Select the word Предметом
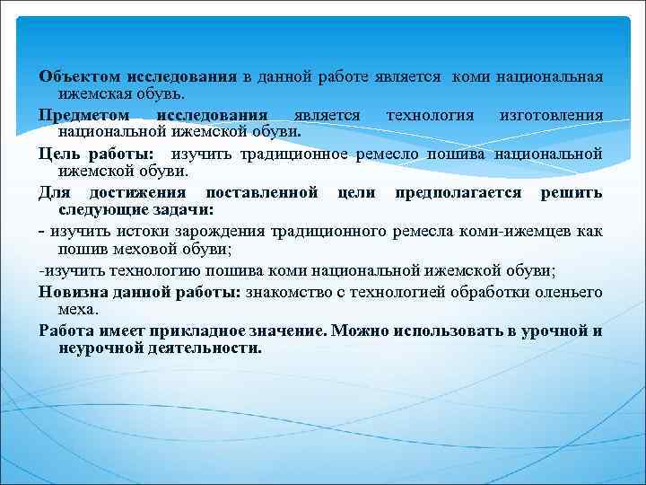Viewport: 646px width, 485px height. (x=83, y=116)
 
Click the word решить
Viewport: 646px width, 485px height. (x=571, y=193)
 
